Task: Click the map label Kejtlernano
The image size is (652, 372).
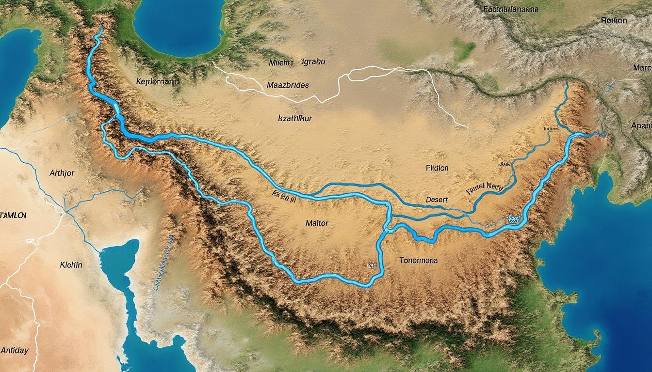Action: coord(157,82)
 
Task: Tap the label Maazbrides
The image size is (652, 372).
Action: coord(288,85)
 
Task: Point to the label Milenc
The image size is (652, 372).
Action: coord(281,62)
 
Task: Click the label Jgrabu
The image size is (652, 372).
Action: coord(313,62)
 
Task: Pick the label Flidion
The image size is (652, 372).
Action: coord(437,168)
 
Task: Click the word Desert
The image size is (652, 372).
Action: coord(437,200)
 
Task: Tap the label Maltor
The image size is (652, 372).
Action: coord(317,223)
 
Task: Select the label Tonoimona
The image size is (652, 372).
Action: coord(418,260)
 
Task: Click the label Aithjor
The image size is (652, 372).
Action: coord(62,173)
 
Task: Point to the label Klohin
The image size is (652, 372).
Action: coord(71,265)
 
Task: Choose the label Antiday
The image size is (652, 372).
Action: coord(15,350)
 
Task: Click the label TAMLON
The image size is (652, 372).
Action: coord(13,215)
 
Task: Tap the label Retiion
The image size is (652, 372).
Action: coord(614,21)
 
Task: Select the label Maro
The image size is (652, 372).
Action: coord(642,67)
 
